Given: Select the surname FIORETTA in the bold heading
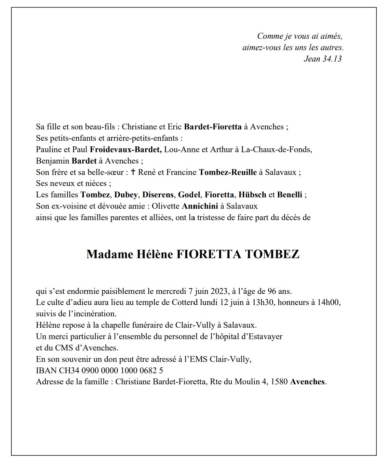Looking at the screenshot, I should click(x=208, y=254).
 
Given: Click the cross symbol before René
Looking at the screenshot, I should click(x=133, y=172).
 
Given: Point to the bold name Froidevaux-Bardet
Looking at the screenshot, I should click(x=126, y=150).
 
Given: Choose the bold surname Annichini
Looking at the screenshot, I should click(x=200, y=206).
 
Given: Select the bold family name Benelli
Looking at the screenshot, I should click(x=289, y=195).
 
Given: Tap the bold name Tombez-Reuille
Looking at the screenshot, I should click(x=228, y=172).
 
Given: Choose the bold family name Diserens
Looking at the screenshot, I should click(x=158, y=195).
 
